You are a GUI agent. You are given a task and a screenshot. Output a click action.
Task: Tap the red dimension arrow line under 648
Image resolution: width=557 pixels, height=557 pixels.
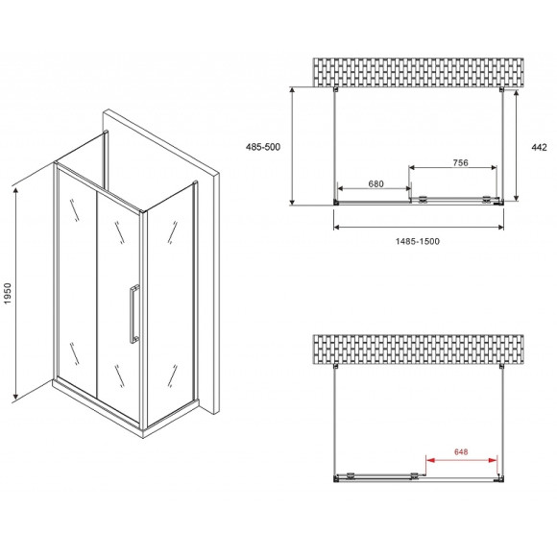tap(462, 459)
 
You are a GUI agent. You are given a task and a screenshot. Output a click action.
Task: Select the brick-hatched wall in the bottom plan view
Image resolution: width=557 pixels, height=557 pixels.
tap(419, 349)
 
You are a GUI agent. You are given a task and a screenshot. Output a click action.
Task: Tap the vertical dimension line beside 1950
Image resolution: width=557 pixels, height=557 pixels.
tap(16, 293)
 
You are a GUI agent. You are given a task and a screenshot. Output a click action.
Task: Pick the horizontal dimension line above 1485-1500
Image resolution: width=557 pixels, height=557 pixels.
tap(419, 228)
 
